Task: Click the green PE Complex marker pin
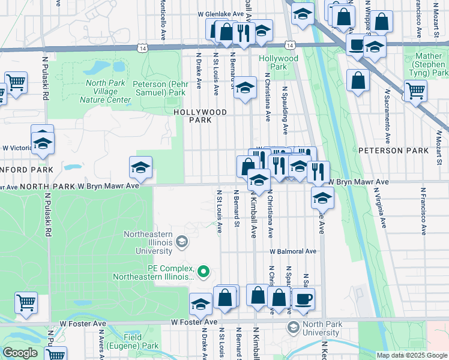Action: pyautogui.click(x=203, y=272)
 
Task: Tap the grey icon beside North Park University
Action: pyautogui.click(x=293, y=327)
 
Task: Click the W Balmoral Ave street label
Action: pyautogui.click(x=292, y=251)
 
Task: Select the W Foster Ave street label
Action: pyautogui.click(x=193, y=322)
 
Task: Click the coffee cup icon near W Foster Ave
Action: pyautogui.click(x=303, y=298)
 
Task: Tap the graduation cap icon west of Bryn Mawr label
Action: pyautogui.click(x=140, y=168)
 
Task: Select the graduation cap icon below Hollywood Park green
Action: pyautogui.click(x=245, y=88)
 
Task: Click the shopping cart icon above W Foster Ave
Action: pyautogui.click(x=26, y=303)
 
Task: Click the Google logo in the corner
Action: pyautogui.click(x=20, y=353)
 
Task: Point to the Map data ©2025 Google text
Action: pyautogui.click(x=411, y=355)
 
